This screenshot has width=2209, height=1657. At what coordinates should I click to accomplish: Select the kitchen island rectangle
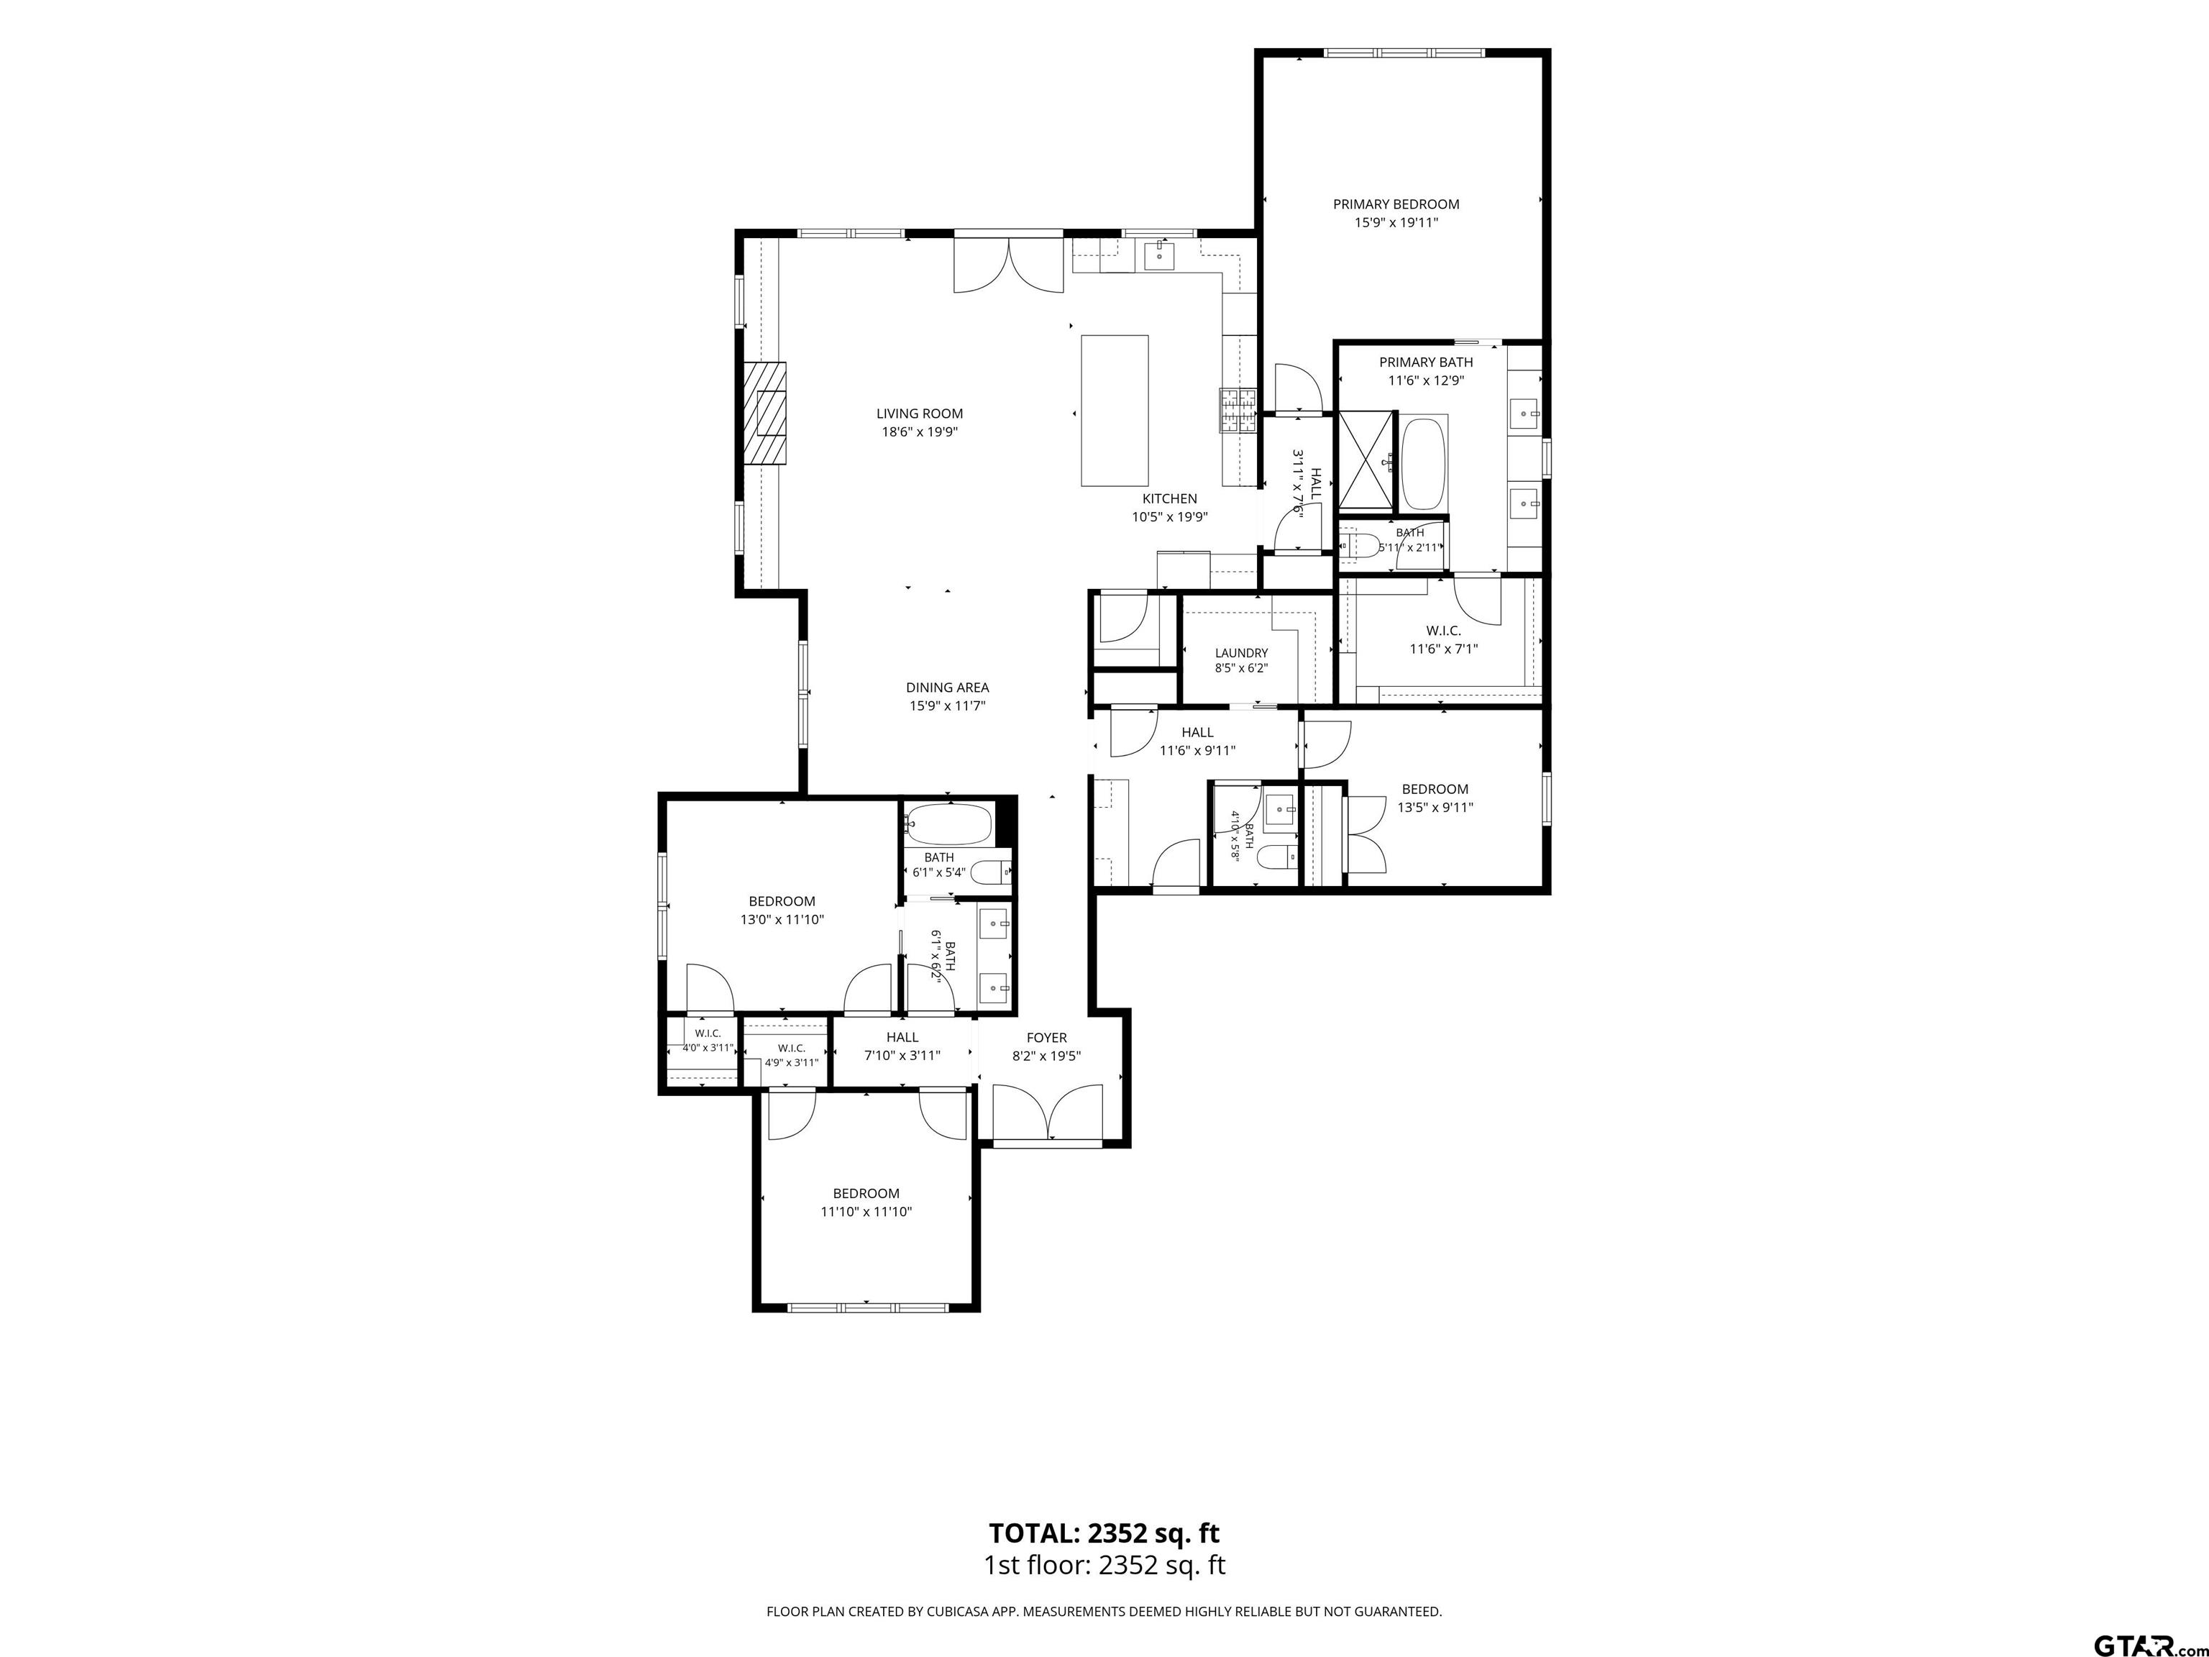coord(1115,411)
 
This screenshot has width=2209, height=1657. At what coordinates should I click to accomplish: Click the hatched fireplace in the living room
coord(764,413)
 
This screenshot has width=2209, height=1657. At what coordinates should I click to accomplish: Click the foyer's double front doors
coord(1048,1113)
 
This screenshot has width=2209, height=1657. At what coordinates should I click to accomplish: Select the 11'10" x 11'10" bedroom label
coord(866,1202)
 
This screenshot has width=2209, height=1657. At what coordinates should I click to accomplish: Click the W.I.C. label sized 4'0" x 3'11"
coord(708,1040)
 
